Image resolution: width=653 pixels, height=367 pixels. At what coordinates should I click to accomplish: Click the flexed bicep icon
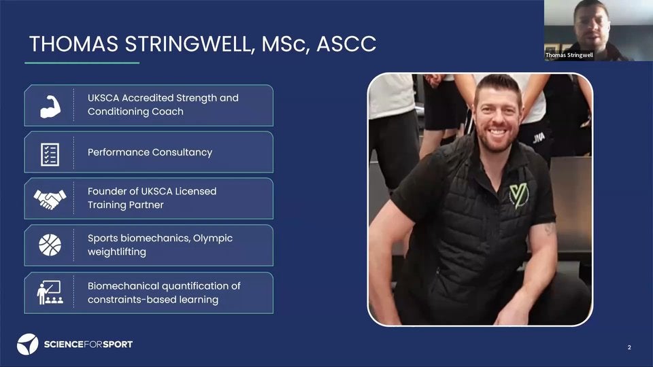(x=50, y=107)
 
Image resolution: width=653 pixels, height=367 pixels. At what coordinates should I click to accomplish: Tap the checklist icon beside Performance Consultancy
(x=50, y=154)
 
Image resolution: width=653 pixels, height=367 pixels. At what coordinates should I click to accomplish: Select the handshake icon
(x=50, y=199)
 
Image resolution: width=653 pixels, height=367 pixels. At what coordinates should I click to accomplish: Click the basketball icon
(x=50, y=245)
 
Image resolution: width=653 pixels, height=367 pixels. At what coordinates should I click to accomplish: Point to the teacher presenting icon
(x=50, y=292)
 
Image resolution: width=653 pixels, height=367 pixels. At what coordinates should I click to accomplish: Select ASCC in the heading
(x=346, y=44)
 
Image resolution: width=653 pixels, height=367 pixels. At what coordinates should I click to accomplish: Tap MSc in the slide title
(x=285, y=44)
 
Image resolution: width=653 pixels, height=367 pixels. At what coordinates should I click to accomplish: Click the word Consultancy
(x=182, y=152)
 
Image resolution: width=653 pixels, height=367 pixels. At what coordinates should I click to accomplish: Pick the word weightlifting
(x=116, y=251)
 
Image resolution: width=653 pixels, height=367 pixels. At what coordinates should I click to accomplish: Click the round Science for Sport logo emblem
(x=27, y=344)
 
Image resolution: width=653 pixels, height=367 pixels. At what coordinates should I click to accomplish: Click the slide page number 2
(x=629, y=347)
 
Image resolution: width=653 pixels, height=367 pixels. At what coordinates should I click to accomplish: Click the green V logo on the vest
(x=518, y=196)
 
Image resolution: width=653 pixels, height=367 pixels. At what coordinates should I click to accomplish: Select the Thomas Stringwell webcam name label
(x=569, y=55)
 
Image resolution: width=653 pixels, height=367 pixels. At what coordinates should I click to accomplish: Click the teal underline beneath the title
(x=82, y=63)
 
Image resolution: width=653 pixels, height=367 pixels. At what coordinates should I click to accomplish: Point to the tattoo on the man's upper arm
(x=550, y=228)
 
